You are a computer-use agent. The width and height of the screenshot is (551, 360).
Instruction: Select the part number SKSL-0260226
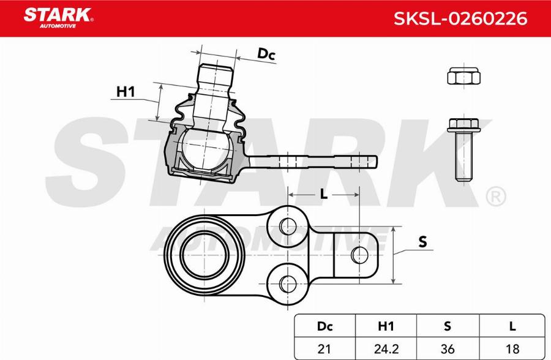[x=459, y=19]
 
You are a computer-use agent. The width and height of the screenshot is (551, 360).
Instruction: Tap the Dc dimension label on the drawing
[x=266, y=54]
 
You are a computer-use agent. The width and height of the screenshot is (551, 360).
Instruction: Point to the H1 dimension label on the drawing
[x=126, y=92]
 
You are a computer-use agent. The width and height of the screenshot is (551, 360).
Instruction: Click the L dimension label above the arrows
[x=324, y=194]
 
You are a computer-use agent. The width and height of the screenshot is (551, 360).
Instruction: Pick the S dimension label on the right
[x=422, y=242]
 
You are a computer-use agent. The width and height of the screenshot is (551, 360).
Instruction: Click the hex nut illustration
[x=463, y=77]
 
